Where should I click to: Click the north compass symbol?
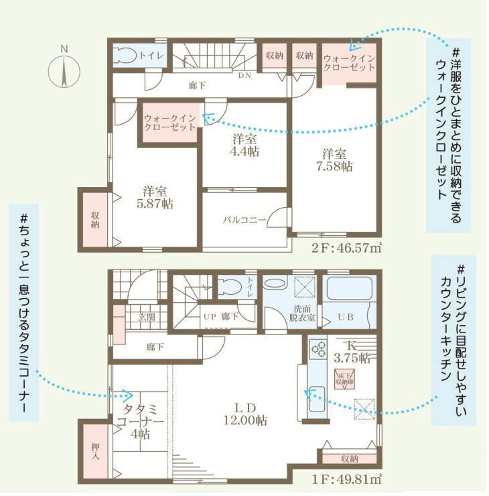tap(64, 70)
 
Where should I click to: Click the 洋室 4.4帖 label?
tap(244, 145)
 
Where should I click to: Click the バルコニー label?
tap(244, 220)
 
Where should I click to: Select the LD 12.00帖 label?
tap(244, 414)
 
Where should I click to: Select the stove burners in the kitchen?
tap(318, 349)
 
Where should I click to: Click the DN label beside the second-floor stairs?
tap(244, 75)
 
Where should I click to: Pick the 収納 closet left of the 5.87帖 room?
tap(96, 219)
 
